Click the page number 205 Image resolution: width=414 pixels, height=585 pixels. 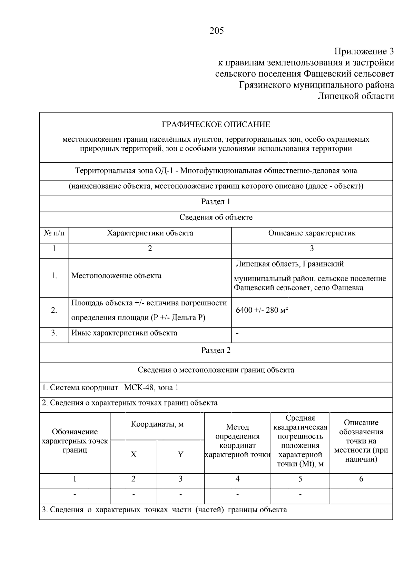(216, 31)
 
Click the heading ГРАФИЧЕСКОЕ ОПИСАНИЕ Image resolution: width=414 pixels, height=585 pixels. (216, 124)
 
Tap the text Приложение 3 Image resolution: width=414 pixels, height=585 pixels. (364, 52)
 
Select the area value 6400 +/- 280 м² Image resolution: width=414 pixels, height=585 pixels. (262, 310)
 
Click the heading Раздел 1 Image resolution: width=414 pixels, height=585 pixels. (216, 202)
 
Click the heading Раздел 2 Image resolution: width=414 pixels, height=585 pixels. (216, 350)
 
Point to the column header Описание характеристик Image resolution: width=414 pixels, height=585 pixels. (312, 233)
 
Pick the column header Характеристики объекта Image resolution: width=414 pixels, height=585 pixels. (150, 233)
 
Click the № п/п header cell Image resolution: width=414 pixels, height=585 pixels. (54, 233)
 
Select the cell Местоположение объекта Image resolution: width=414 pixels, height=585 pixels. (116, 276)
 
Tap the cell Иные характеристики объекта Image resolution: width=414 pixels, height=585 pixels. (124, 333)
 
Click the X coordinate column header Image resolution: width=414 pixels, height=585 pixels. (134, 454)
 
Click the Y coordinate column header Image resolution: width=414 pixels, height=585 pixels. (180, 454)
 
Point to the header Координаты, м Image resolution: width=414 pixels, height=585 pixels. (157, 424)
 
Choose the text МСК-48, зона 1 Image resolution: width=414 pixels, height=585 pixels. (151, 388)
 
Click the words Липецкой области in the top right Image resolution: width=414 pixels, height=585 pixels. (355, 96)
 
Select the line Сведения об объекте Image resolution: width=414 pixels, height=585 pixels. (216, 218)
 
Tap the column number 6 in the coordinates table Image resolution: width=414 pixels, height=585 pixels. (361, 479)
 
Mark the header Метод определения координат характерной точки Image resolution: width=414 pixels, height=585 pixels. (237, 441)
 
